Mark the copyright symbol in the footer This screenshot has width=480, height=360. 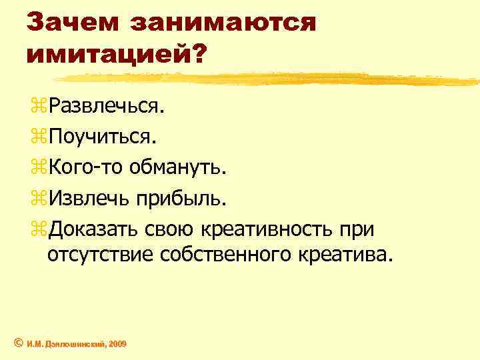click(18, 343)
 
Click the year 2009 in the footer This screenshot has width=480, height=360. click(115, 343)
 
